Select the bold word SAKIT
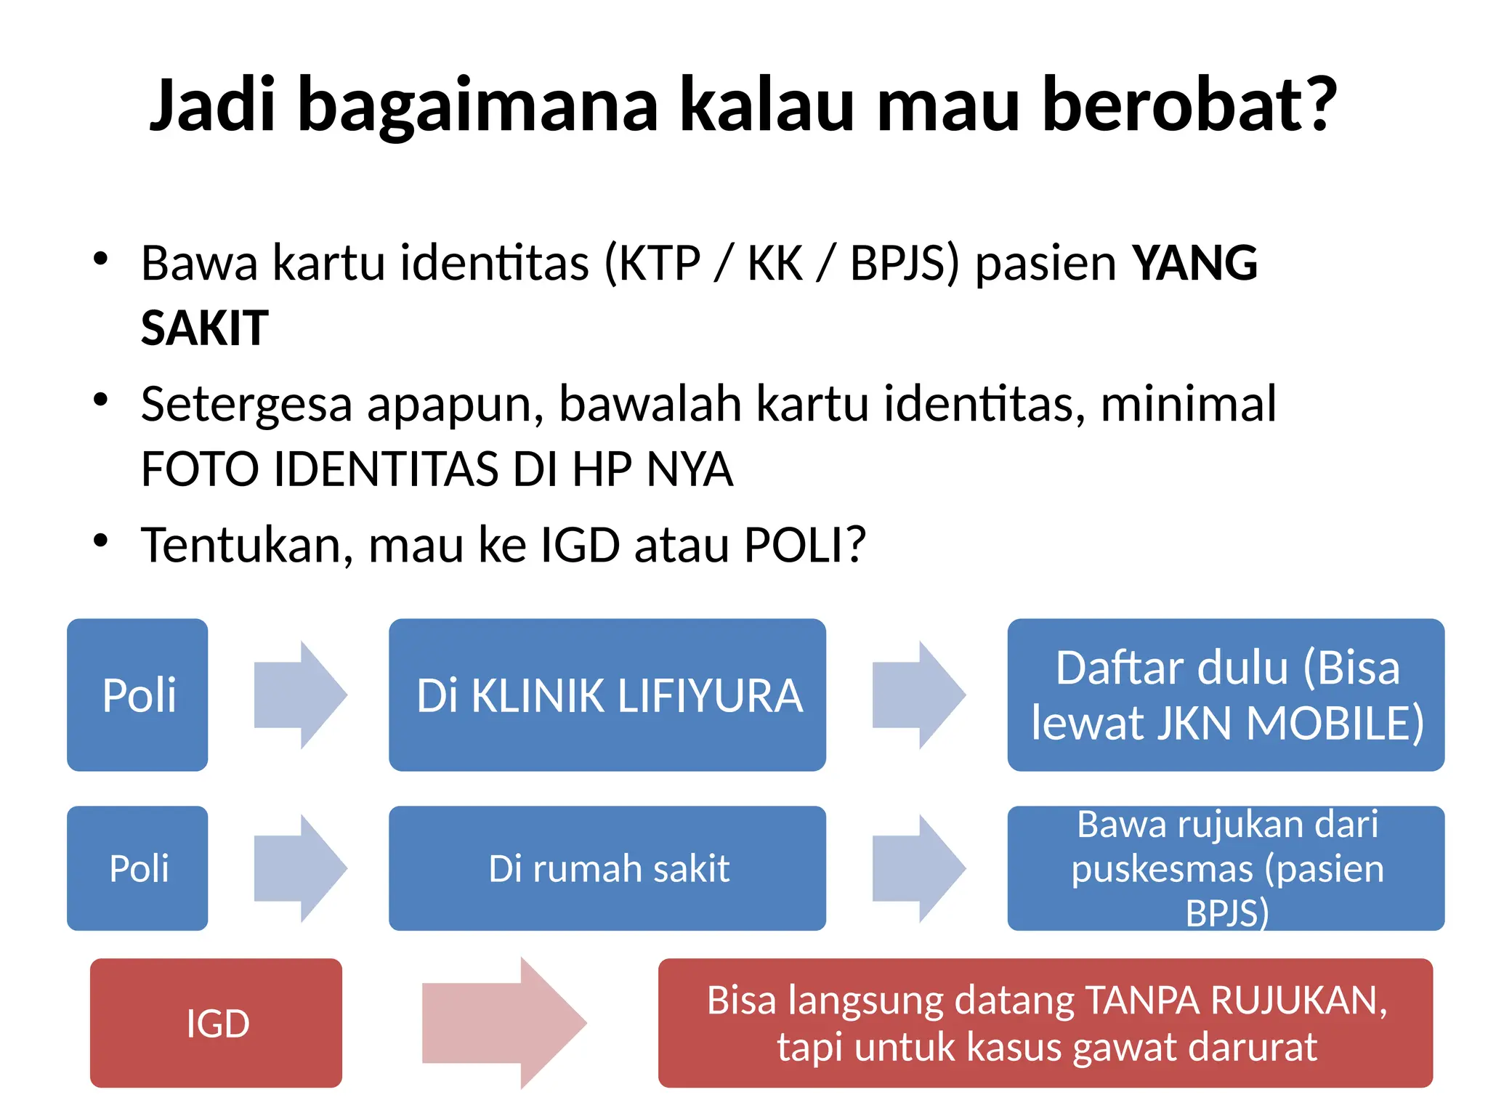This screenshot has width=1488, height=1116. (x=204, y=328)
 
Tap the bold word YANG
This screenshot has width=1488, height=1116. (x=1194, y=263)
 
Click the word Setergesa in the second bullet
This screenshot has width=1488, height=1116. (x=246, y=404)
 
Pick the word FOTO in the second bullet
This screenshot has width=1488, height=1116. (x=200, y=469)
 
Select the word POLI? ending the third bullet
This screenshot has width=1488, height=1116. (x=805, y=545)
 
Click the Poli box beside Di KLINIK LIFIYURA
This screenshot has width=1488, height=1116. (x=138, y=695)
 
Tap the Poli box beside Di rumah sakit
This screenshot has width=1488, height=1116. (x=138, y=868)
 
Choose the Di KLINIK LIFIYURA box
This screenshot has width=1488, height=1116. (x=607, y=695)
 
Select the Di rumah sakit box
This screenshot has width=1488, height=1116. (x=607, y=868)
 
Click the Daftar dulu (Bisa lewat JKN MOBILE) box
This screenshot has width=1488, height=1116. (x=1226, y=695)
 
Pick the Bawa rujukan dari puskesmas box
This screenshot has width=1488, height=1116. (x=1226, y=868)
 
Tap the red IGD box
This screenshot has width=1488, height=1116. (x=217, y=1023)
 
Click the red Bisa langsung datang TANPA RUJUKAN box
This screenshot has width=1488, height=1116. (x=1046, y=1023)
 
